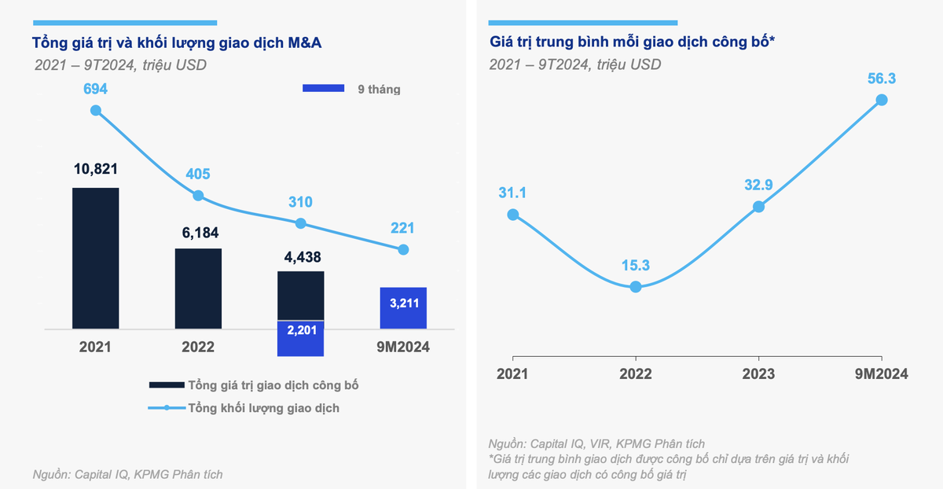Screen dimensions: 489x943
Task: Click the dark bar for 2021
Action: (95, 257)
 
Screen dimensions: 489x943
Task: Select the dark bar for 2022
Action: (198, 288)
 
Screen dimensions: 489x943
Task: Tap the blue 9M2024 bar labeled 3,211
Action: (403, 308)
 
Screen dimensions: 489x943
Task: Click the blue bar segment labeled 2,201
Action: (300, 338)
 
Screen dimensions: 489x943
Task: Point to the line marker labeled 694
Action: (96, 111)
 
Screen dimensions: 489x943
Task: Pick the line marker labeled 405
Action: (198, 196)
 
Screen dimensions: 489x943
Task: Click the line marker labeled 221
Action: (403, 249)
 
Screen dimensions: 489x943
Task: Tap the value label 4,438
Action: (300, 256)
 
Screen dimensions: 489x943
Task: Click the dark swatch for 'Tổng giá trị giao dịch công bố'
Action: (167, 385)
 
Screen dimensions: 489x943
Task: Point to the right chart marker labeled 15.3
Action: (636, 287)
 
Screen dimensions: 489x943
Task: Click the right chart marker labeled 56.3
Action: (882, 100)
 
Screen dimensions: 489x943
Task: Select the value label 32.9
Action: (758, 186)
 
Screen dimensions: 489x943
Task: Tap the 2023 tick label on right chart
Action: (758, 374)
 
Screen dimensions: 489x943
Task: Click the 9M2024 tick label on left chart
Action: (403, 346)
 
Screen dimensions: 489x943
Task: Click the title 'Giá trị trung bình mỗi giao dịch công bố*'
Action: (633, 42)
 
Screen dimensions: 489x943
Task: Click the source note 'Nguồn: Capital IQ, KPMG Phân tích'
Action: (127, 474)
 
